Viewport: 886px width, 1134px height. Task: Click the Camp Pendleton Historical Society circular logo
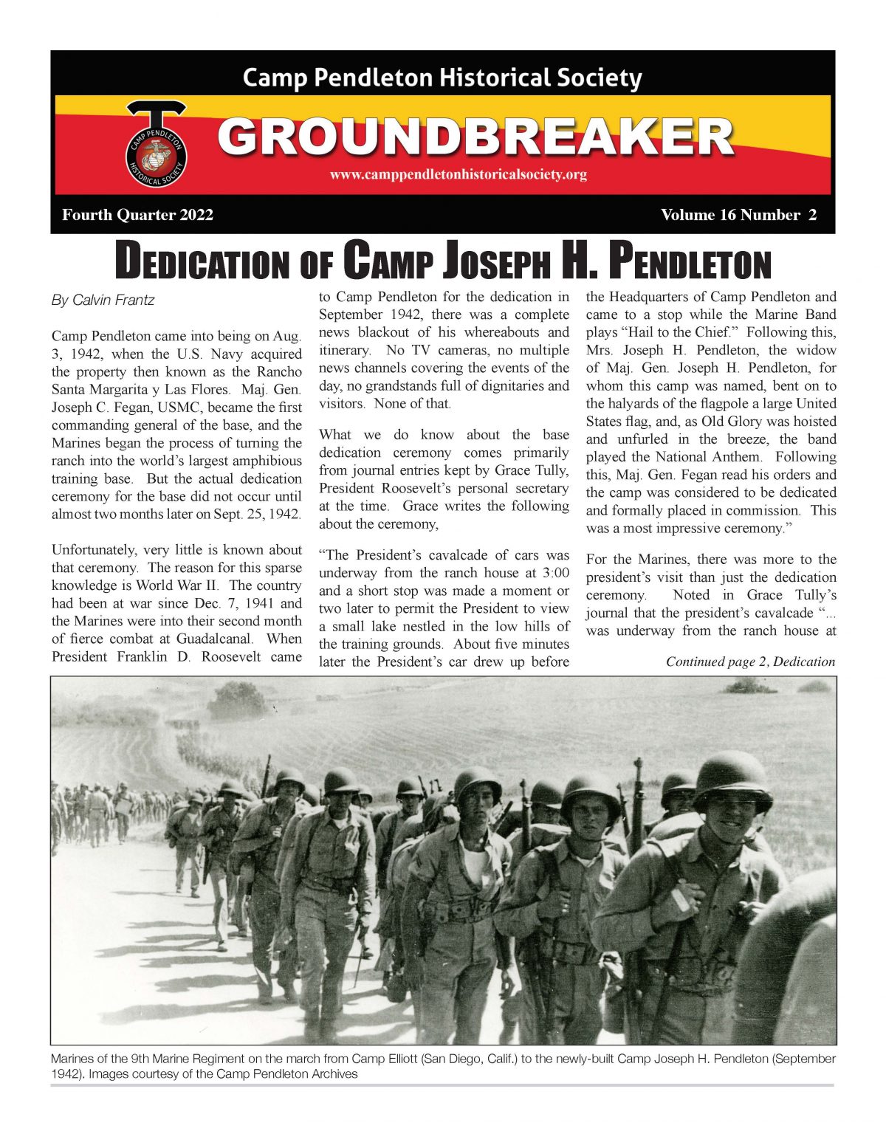pos(156,154)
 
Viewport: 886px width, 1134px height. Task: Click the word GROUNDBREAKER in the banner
pos(475,137)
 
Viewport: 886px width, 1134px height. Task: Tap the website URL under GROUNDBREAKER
pos(459,175)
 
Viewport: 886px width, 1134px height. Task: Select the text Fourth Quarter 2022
pos(138,215)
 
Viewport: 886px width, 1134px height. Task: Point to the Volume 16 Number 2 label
pos(738,215)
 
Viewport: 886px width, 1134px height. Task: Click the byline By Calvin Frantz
pos(103,300)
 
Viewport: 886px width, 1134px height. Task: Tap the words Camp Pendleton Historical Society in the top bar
pos(442,78)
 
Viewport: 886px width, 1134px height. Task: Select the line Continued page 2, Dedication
pos(750,661)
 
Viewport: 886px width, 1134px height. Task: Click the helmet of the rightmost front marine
pos(732,779)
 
